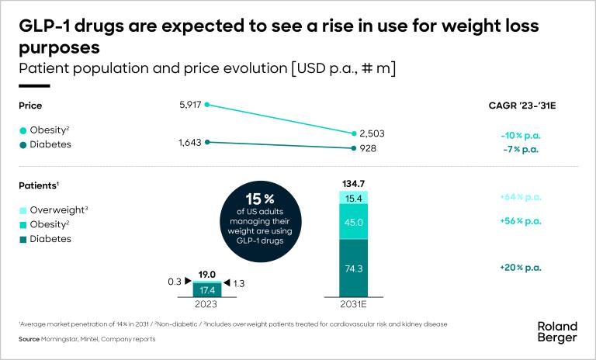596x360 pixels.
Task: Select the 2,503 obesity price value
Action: [x=373, y=133]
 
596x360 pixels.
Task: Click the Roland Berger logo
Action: [x=557, y=331]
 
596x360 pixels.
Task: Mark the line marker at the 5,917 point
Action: [x=206, y=105]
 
